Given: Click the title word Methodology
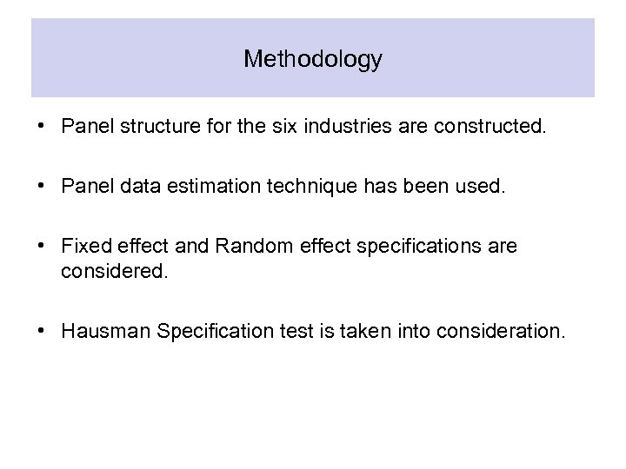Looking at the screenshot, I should pyautogui.click(x=313, y=59).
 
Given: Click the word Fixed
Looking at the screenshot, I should pyautogui.click(x=84, y=247).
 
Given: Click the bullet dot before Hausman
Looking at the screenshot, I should pyautogui.click(x=42, y=330).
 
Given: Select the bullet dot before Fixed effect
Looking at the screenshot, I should pyautogui.click(x=42, y=247).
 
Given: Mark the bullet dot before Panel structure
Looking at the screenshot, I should pyautogui.click(x=42, y=129).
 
